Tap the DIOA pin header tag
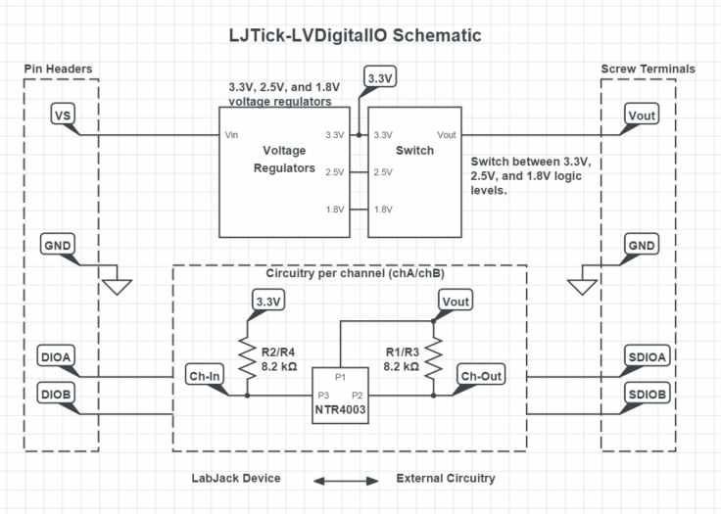pyautogui.click(x=57, y=356)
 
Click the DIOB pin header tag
pyautogui.click(x=57, y=394)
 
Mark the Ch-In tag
pyautogui.click(x=205, y=374)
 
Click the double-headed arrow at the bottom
pyautogui.click(x=345, y=480)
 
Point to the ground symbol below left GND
pyautogui.click(x=118, y=285)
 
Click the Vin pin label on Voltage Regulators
pyautogui.click(x=232, y=135)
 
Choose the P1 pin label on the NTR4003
pyautogui.click(x=341, y=376)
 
